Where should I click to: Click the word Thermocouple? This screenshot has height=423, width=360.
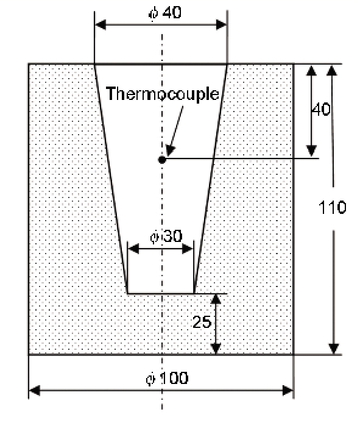[163, 94]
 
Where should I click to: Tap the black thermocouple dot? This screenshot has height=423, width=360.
[162, 160]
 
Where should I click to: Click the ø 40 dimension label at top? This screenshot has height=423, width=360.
[165, 12]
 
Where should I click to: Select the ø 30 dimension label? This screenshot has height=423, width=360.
[166, 236]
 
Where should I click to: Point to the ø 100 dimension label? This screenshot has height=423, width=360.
[167, 378]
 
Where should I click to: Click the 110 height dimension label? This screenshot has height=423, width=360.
[332, 207]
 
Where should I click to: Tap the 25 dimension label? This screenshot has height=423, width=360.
[202, 322]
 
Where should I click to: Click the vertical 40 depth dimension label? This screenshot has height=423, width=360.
[321, 109]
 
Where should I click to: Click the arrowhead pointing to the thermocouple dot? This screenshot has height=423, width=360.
[170, 151]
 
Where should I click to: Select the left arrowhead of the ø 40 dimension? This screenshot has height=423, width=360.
[101, 25]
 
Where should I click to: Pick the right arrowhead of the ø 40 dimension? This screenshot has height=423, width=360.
[221, 25]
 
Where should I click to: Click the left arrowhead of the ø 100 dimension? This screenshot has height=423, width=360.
[35, 390]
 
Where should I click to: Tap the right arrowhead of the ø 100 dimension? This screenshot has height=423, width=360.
[288, 390]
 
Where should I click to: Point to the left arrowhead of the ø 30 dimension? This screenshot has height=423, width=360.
[133, 249]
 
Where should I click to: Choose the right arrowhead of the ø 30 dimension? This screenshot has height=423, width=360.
[188, 249]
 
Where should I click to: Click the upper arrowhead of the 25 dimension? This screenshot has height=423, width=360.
[216, 299]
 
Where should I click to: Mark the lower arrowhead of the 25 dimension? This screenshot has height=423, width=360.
[216, 349]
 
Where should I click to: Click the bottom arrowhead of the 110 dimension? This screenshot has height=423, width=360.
[334, 349]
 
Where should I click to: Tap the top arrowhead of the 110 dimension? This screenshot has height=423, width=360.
[332, 70]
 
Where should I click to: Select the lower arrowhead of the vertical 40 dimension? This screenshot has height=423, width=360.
[312, 151]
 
